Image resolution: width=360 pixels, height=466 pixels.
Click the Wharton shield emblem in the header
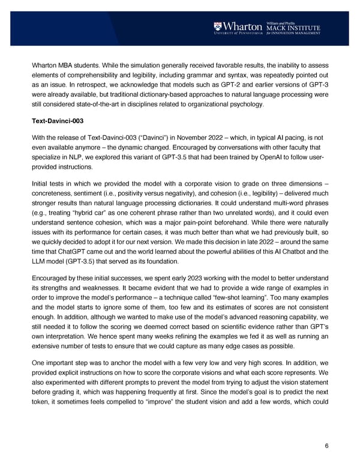pyautogui.click(x=218, y=27)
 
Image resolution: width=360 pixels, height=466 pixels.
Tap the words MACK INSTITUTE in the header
pyautogui.click(x=293, y=27)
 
